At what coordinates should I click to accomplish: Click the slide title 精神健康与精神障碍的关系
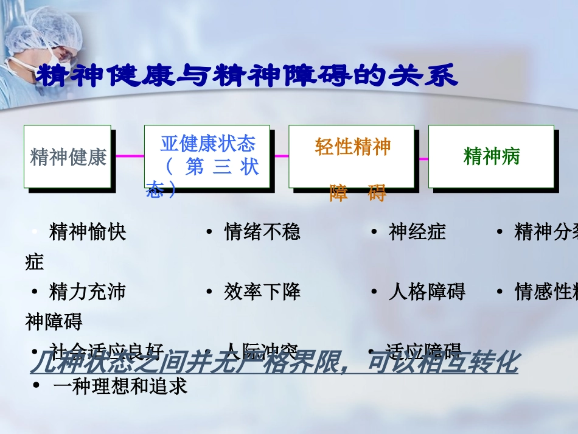pos(246,76)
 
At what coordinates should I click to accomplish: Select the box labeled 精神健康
pos(68,156)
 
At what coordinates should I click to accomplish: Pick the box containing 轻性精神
pos(351,156)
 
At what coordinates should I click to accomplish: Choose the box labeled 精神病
pos(491,156)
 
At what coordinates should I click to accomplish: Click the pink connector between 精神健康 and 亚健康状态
pos(128,156)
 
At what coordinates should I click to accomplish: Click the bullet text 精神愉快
pos(88,232)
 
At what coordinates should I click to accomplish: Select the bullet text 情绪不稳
pos(262,232)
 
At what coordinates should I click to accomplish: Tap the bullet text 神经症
pos(417,232)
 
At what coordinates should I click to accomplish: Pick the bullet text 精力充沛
pos(88,292)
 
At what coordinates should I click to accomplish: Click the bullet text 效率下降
pos(262,292)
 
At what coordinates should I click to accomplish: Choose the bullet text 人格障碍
pos(427,292)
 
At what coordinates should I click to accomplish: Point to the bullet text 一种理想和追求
pos(120,386)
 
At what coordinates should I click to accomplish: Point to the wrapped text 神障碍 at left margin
pos(54,321)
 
